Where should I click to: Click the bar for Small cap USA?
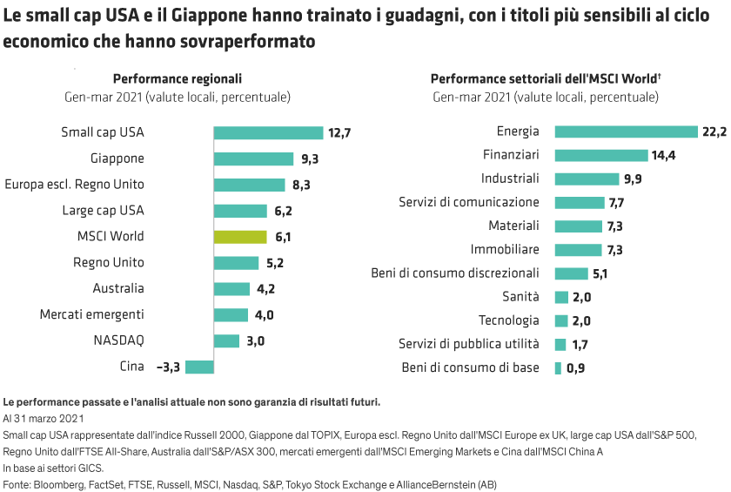coord(268,133)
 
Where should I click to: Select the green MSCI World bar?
coord(240,237)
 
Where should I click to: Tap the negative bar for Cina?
coord(199,367)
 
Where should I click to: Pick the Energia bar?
coord(626,131)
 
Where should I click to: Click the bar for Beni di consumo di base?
coord(558,368)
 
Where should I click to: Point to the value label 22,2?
coord(714,131)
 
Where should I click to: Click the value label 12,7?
coord(339,133)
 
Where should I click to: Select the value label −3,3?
coord(167,367)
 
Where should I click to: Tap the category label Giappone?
coord(117,158)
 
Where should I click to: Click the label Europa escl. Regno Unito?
coord(75,185)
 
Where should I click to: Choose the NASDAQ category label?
coord(120,340)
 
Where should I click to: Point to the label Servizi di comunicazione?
coord(469,202)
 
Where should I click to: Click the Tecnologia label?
coord(508,320)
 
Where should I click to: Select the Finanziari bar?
coord(600,155)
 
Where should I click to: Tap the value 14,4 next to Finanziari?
coord(663,156)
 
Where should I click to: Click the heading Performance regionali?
coord(177,78)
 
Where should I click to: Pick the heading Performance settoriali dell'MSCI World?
coord(545,78)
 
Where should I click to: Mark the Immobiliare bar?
coord(578,250)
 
